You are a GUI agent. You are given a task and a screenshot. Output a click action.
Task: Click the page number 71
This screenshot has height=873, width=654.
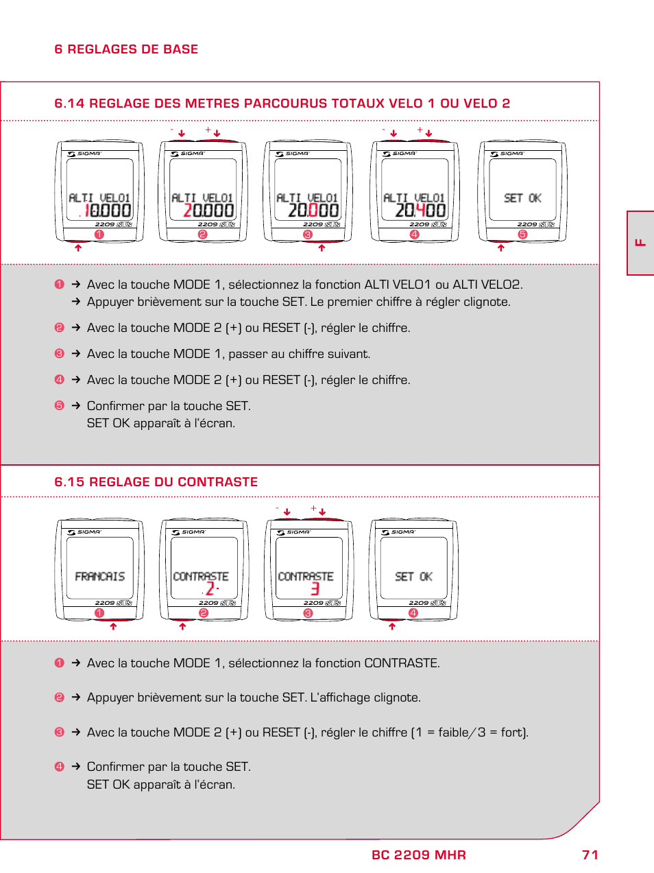point(590,854)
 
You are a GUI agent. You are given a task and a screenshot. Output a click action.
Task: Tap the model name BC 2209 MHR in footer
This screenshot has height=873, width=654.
point(418,854)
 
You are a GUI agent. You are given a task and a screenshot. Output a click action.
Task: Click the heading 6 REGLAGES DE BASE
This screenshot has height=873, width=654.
point(126,49)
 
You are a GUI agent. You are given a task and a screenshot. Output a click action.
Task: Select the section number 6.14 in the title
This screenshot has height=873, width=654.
point(69,104)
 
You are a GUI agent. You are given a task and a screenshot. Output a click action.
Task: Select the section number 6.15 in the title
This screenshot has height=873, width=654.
point(69,482)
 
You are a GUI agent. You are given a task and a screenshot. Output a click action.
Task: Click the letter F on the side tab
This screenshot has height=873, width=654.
point(640,243)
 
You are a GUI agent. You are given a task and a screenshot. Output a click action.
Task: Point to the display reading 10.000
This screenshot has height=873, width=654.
point(107,211)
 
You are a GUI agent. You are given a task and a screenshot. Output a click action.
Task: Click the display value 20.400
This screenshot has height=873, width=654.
point(420,211)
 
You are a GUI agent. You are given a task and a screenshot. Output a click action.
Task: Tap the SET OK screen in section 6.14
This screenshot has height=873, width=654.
point(522,198)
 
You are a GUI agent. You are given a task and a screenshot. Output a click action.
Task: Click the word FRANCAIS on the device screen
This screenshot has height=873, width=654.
point(100,577)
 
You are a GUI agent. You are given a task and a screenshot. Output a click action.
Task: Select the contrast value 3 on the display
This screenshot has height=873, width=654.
point(315,588)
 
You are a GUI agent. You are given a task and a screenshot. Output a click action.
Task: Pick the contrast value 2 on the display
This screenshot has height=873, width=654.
point(210,588)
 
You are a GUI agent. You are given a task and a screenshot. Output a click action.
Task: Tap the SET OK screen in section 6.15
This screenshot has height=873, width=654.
point(413,577)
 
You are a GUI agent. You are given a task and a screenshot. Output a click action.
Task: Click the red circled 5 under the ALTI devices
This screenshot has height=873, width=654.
point(522,235)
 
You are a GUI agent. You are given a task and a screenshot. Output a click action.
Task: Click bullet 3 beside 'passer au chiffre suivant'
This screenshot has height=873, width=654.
point(59,354)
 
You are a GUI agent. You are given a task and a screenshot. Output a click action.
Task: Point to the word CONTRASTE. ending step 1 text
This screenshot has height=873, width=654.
point(402,663)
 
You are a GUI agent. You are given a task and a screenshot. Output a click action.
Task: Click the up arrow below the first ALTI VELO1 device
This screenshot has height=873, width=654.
point(78,248)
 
